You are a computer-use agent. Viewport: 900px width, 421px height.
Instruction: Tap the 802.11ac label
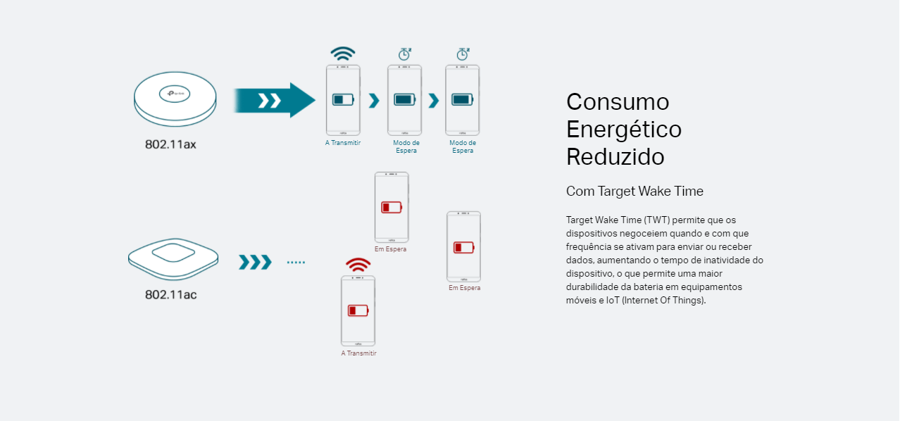(x=170, y=294)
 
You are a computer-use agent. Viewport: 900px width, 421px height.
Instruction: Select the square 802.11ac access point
(x=173, y=258)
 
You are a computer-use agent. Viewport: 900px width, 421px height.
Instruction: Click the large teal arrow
(x=275, y=100)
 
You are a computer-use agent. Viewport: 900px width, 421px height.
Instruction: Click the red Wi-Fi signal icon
(x=358, y=265)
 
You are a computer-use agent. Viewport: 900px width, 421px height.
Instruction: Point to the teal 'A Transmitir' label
(x=343, y=143)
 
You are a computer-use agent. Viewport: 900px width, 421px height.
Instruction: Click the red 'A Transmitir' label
(x=358, y=353)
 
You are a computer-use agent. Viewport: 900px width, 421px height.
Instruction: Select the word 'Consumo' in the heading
(x=618, y=102)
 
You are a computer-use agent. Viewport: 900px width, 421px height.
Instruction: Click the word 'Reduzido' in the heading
(x=615, y=157)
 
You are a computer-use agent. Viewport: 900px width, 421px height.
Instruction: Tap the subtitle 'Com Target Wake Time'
(x=635, y=191)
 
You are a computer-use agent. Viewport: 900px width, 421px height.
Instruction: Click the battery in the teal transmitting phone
(x=343, y=100)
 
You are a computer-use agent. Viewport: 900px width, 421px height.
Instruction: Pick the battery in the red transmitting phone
(x=358, y=310)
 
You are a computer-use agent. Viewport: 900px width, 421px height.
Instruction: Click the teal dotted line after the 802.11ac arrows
(x=296, y=263)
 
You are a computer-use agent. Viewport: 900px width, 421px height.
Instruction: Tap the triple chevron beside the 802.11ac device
(x=255, y=263)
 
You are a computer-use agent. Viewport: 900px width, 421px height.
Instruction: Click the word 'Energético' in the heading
(x=623, y=130)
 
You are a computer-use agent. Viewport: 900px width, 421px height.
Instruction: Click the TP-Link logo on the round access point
(x=175, y=93)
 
